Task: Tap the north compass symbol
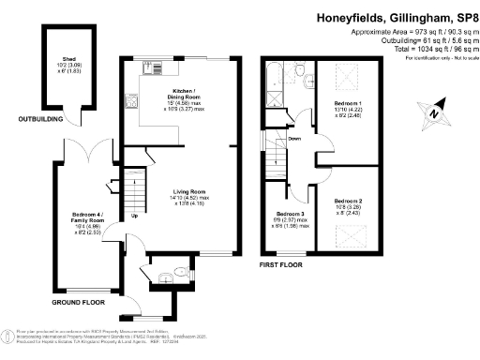[x=433, y=112]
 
